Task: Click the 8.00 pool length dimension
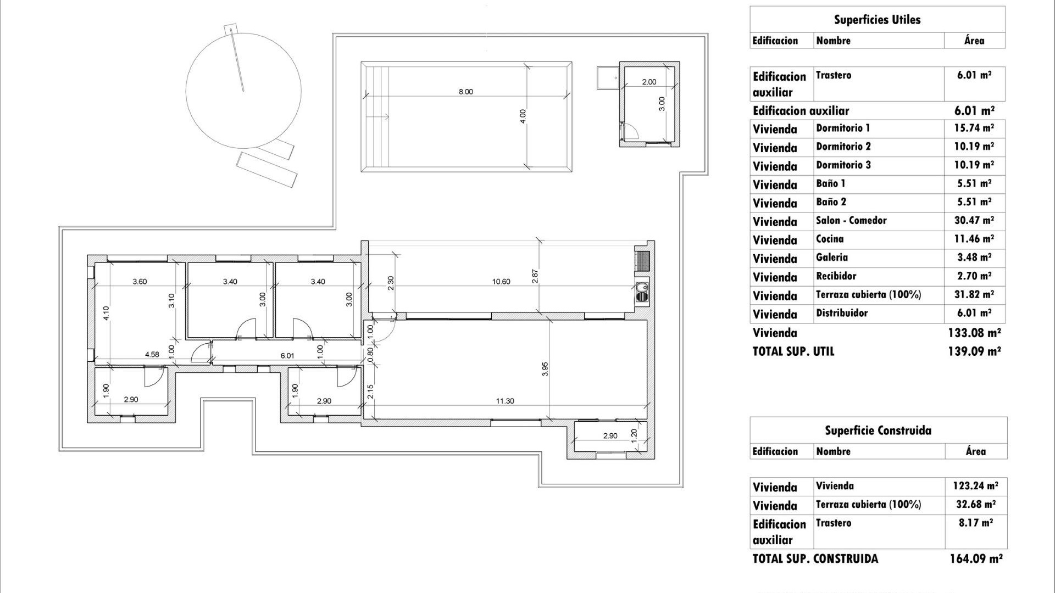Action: pyautogui.click(x=465, y=92)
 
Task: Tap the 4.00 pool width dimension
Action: pyautogui.click(x=523, y=116)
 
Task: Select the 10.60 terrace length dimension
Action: pyautogui.click(x=501, y=282)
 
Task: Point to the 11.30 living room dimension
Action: pyautogui.click(x=504, y=401)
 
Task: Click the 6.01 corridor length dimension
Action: pyautogui.click(x=287, y=356)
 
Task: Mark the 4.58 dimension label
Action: pyautogui.click(x=152, y=355)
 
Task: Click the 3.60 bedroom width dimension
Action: pyautogui.click(x=140, y=282)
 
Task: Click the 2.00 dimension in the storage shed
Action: pyautogui.click(x=649, y=82)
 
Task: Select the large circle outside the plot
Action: pyautogui.click(x=243, y=90)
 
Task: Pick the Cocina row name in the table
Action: pyautogui.click(x=829, y=239)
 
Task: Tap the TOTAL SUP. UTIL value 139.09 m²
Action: pyautogui.click(x=974, y=351)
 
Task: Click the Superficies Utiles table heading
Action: pyautogui.click(x=877, y=20)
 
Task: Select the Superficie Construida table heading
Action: pyautogui.click(x=878, y=430)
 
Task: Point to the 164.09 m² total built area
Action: pyautogui.click(x=975, y=559)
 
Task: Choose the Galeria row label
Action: pyautogui.click(x=831, y=258)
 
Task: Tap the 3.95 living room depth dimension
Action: pyautogui.click(x=545, y=369)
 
